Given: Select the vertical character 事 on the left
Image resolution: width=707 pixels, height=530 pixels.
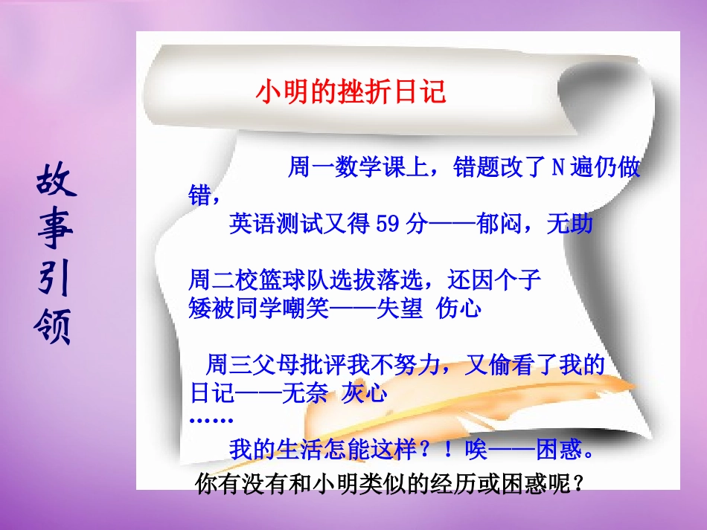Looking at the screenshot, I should (x=54, y=232).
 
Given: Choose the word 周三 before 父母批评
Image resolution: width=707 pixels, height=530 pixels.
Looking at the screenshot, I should (x=226, y=365).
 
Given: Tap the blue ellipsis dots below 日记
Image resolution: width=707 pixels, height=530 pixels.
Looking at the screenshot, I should (x=211, y=420).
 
